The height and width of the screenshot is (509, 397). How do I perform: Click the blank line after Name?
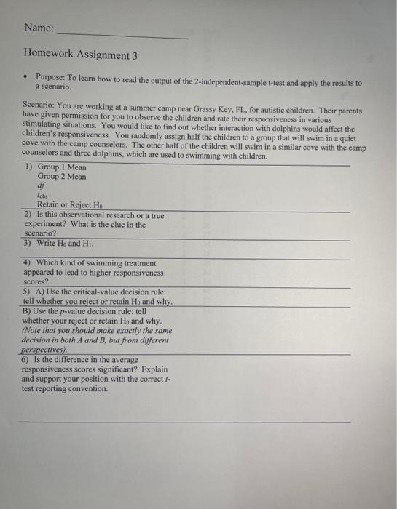[122, 36]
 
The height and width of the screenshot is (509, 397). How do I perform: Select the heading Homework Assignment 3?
[80, 55]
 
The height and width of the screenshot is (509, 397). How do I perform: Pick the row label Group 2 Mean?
[62, 177]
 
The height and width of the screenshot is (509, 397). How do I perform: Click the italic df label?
[42, 186]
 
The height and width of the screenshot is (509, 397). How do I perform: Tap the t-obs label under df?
[42, 196]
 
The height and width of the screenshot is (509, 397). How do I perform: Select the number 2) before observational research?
[28, 215]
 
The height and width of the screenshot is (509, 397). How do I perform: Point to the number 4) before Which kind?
[28, 262]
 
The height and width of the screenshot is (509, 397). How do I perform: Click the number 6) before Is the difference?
[27, 359]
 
